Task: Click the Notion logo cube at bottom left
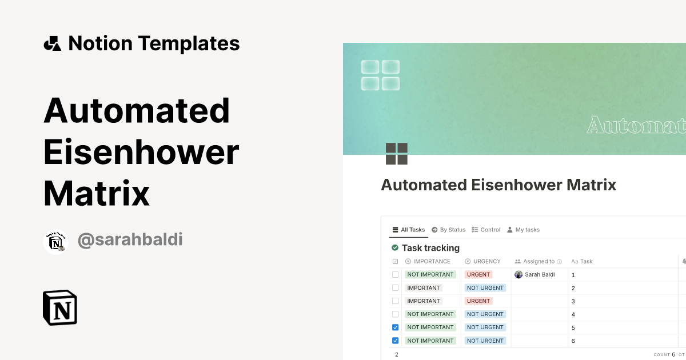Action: point(60,307)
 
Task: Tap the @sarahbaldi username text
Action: point(130,239)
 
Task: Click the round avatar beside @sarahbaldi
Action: point(55,242)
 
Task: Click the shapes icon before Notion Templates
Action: point(52,43)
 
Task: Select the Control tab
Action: point(486,230)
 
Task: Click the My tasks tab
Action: point(523,230)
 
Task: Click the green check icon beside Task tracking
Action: point(395,247)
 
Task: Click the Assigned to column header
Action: point(539,261)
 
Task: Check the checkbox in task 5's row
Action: point(395,327)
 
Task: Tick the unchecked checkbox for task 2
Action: point(395,288)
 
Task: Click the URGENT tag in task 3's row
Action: point(478,301)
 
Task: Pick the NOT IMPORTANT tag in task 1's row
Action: point(430,274)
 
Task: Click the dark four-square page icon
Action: point(396,154)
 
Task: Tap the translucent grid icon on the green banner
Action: point(380,75)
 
